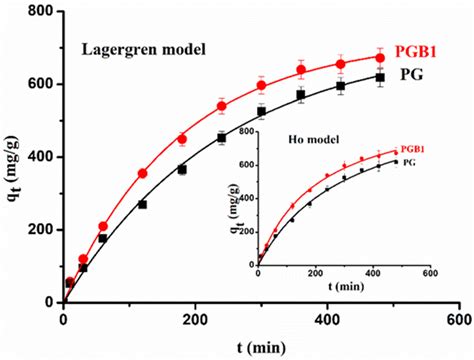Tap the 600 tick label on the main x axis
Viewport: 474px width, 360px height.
point(459,319)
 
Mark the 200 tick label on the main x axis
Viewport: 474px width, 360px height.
point(195,319)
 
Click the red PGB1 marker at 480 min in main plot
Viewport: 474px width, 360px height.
point(380,57)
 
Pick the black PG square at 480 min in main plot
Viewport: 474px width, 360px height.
point(380,77)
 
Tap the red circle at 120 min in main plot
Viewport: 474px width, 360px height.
point(142,173)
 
